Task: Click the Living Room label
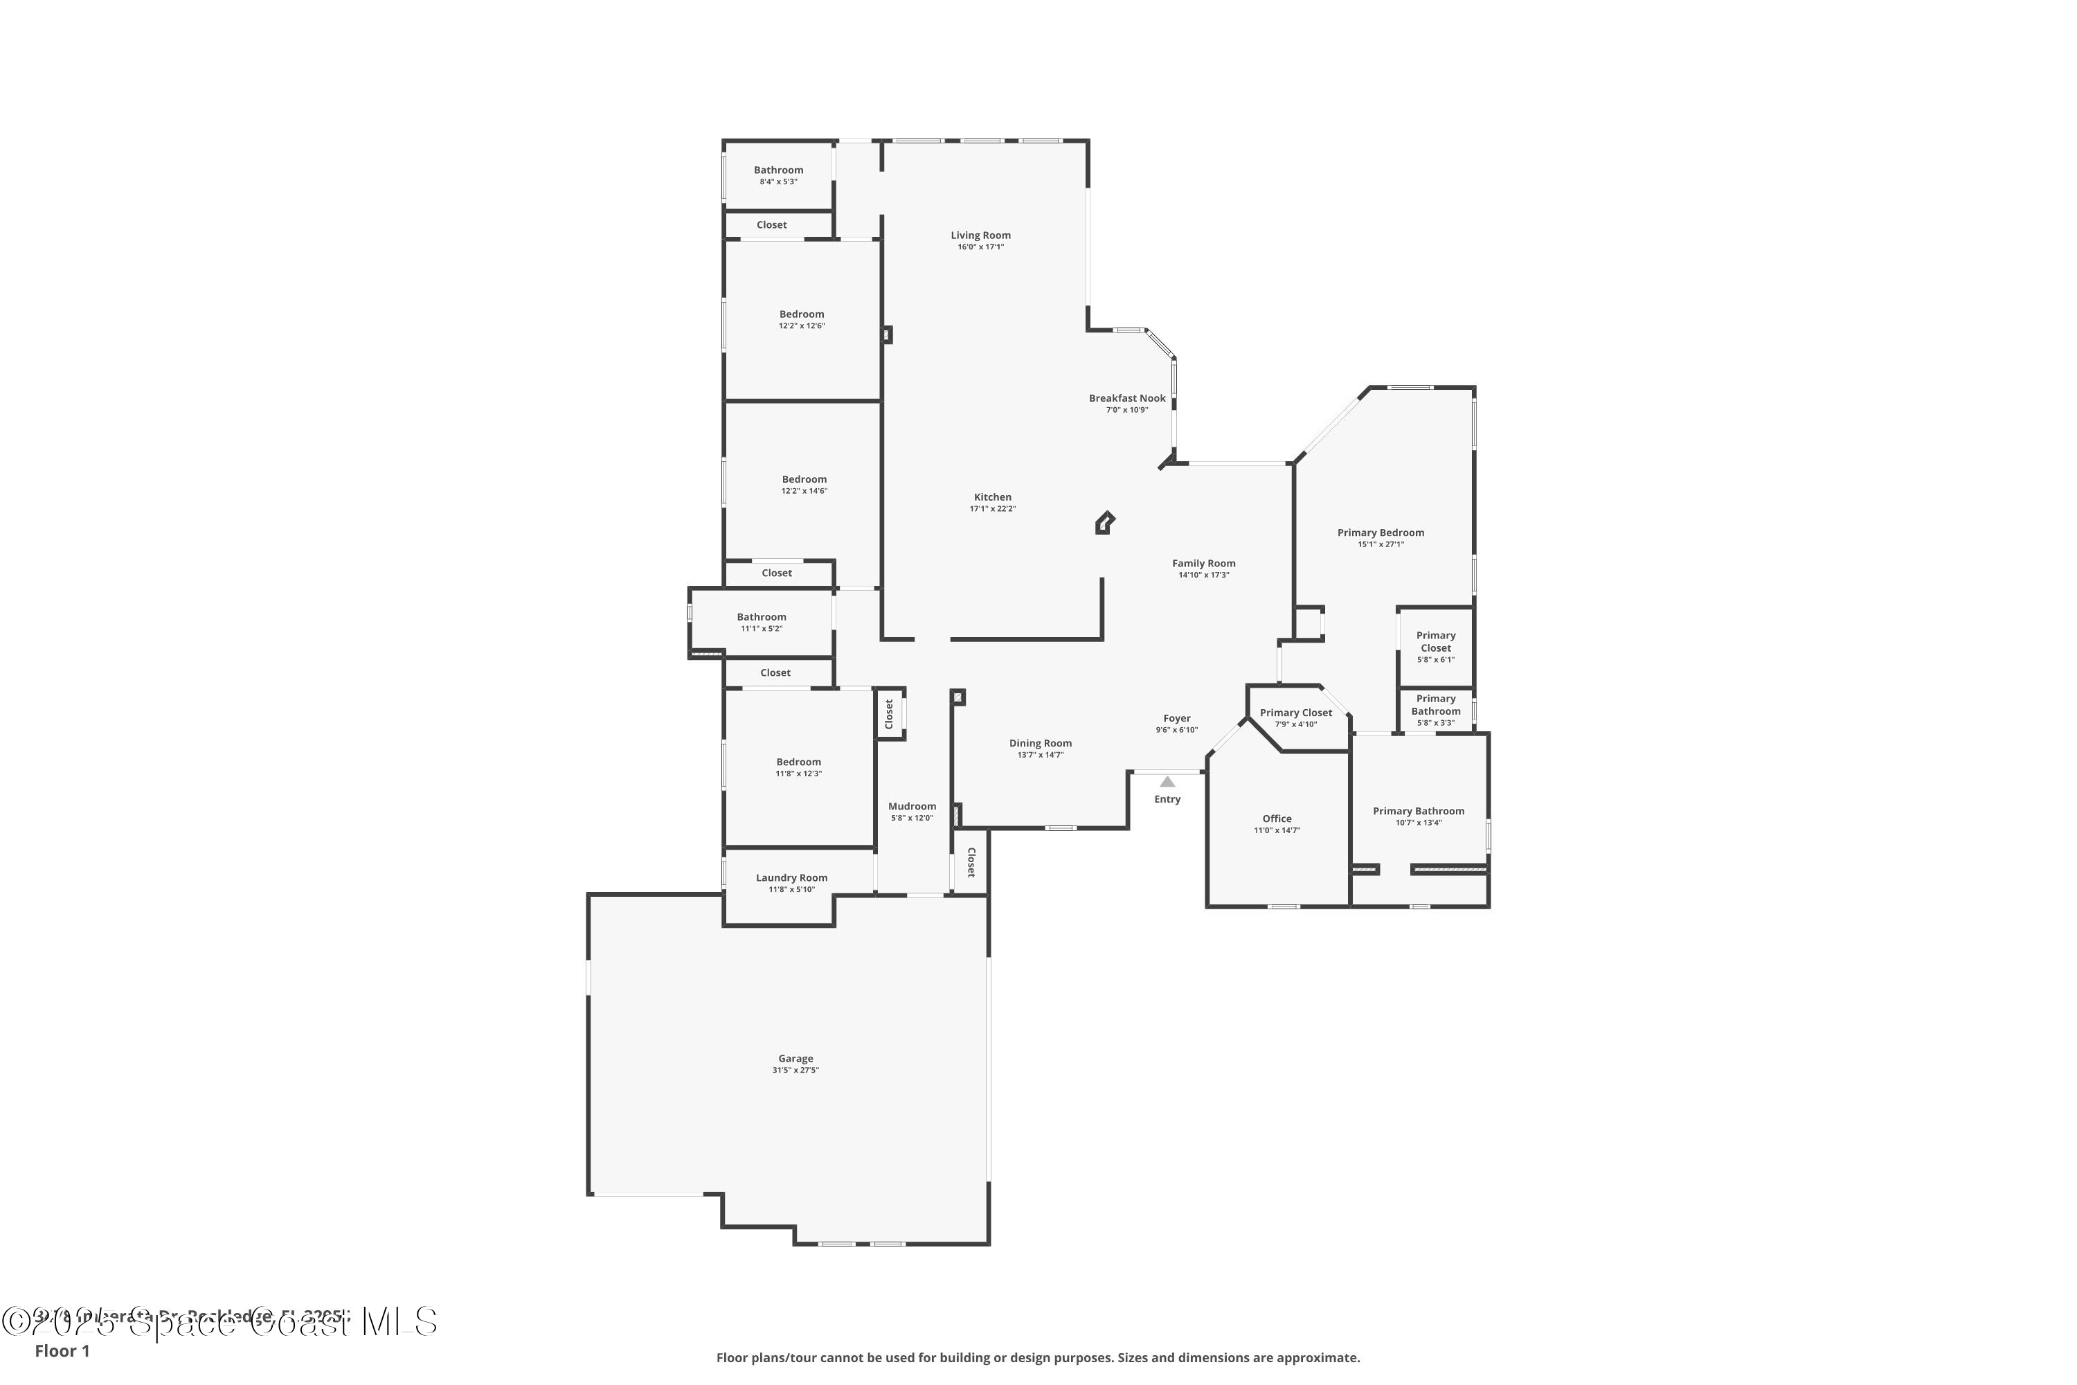tap(980, 235)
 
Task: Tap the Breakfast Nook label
tap(1127, 398)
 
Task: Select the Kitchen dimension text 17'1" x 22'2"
tap(993, 509)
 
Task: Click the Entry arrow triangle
tap(1167, 782)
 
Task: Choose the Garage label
tap(795, 1058)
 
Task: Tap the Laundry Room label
tap(791, 878)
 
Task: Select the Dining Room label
tap(1041, 744)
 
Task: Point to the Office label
tap(1277, 819)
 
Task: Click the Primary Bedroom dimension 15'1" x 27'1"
tap(1381, 544)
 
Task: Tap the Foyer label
tap(1177, 719)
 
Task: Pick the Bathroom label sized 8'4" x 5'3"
tap(778, 170)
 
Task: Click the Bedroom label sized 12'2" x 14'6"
tap(804, 480)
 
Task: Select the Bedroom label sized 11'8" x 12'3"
tap(798, 762)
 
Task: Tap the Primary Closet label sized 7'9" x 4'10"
tap(1295, 713)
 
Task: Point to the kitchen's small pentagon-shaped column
tap(1104, 523)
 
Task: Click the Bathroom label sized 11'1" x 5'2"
tap(761, 618)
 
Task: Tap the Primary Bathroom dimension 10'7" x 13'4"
tap(1418, 823)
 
